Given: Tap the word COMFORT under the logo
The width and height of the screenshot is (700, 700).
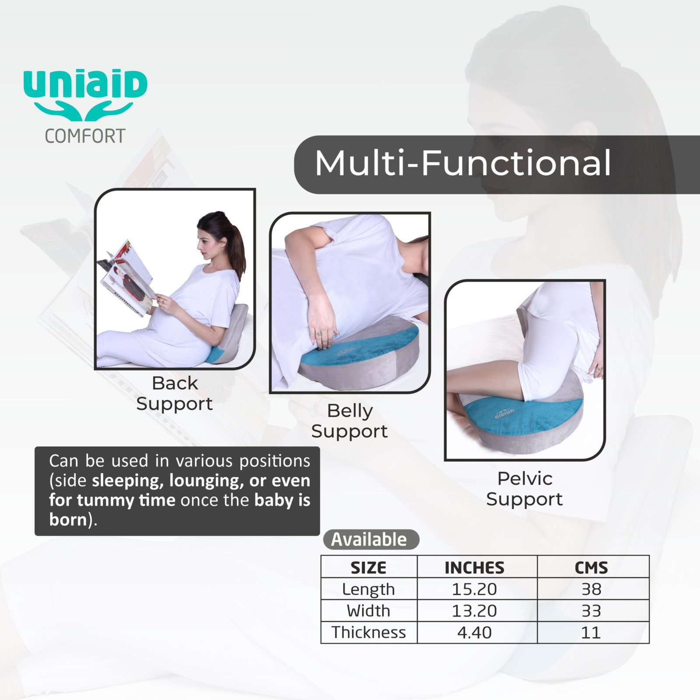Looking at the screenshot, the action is [x=85, y=136].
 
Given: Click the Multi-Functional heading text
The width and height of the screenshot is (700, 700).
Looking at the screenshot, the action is [x=463, y=163].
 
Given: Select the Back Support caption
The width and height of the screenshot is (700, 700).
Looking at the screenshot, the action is [x=175, y=393].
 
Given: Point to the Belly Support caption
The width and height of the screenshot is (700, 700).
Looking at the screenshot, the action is [x=350, y=421].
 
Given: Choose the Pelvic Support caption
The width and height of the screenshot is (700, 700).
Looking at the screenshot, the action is [x=525, y=489].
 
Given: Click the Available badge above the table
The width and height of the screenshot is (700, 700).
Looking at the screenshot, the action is [x=371, y=539].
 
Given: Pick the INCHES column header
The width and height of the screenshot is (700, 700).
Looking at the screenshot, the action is [x=475, y=568].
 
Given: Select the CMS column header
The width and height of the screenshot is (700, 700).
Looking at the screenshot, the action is [x=591, y=568].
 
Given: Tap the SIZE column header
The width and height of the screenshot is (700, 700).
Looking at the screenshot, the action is [x=368, y=568].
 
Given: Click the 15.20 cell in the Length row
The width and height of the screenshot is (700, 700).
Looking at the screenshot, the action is [x=475, y=589].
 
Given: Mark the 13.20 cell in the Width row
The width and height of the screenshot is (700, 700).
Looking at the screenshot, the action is [x=475, y=611].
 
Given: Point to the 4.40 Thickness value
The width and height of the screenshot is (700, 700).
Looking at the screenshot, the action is [x=475, y=632].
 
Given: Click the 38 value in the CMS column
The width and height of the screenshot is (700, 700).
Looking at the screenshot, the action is [x=591, y=589].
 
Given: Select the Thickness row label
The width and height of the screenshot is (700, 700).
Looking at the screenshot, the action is [x=368, y=632].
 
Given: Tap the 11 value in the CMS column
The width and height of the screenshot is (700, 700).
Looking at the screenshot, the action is [x=591, y=632].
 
